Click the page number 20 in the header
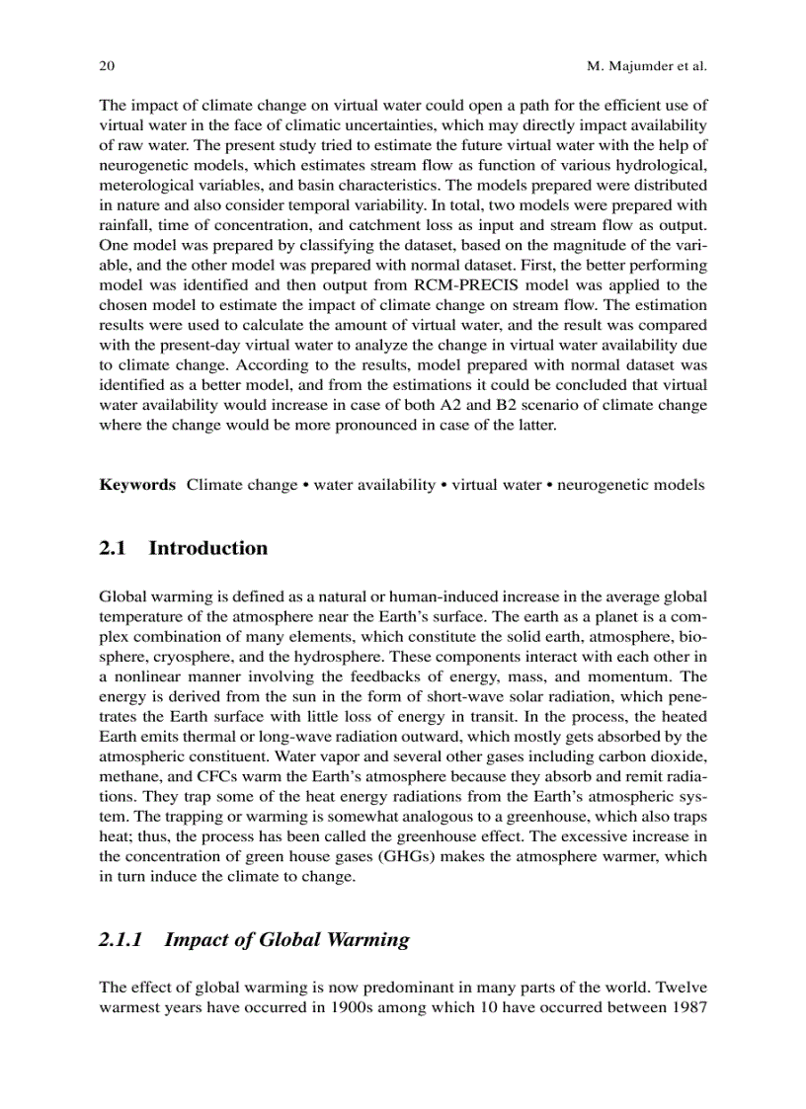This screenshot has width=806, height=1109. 107,67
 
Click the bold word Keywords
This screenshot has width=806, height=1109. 137,485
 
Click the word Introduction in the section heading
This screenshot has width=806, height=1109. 207,548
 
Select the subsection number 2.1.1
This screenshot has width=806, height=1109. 121,939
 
